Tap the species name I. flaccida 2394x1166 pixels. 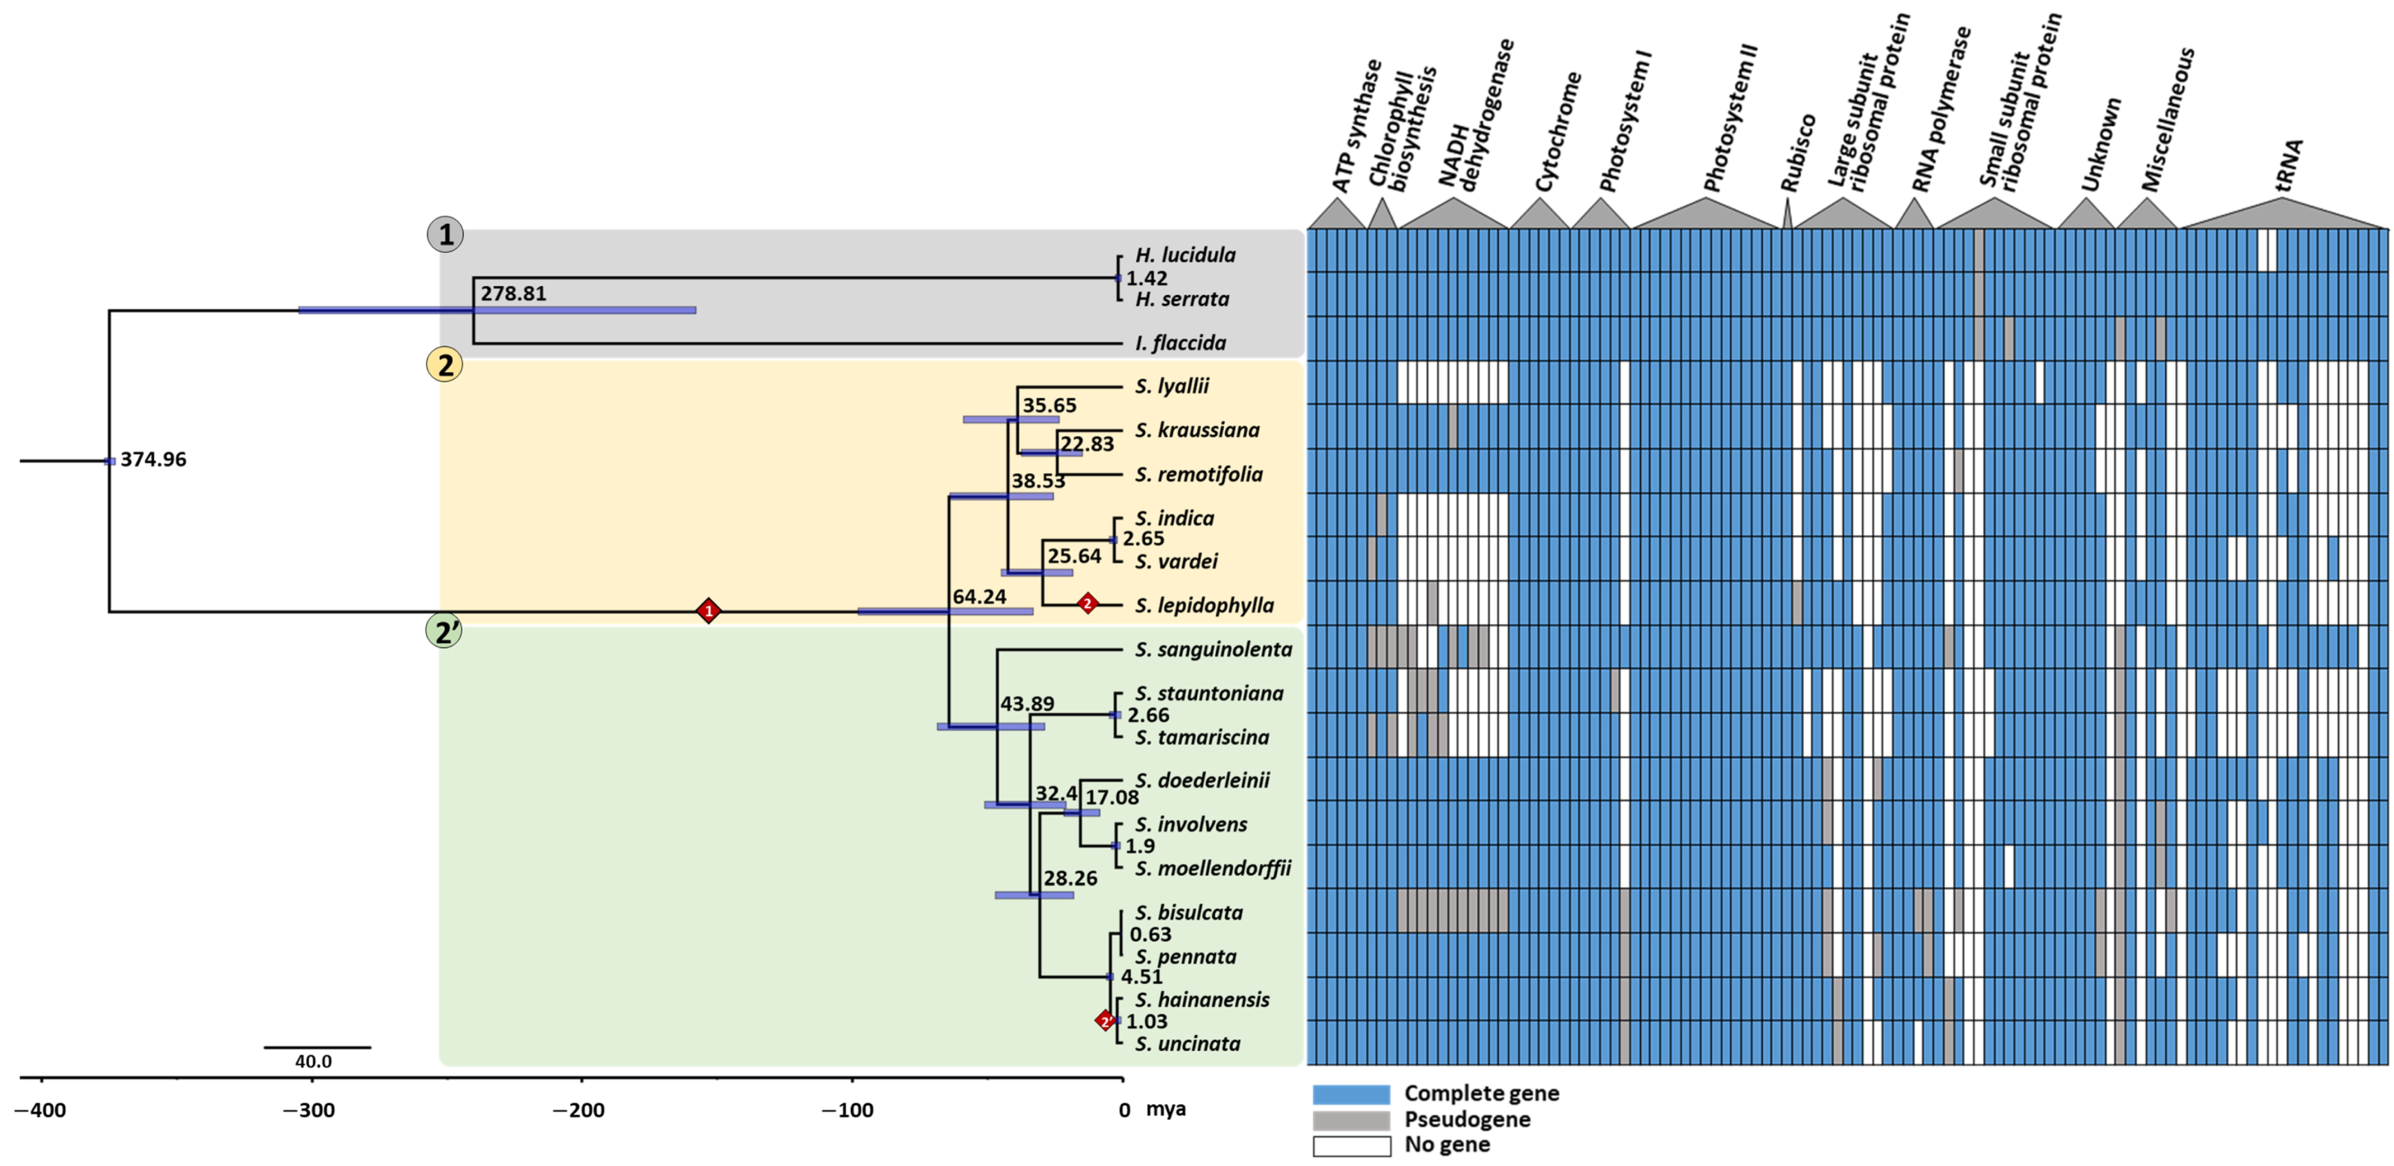[1180, 343]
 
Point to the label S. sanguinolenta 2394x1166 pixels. [1213, 649]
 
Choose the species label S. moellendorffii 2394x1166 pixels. [1213, 868]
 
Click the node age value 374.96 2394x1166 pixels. [153, 460]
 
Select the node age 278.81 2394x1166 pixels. [513, 294]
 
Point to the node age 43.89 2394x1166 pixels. [1027, 704]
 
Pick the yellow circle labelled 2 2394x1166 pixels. [445, 365]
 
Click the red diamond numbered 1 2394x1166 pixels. [709, 612]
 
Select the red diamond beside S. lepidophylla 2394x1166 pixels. [1087, 604]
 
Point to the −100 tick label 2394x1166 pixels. [847, 1110]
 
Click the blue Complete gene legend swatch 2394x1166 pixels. [1351, 1093]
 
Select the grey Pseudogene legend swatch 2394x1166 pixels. [1351, 1120]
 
